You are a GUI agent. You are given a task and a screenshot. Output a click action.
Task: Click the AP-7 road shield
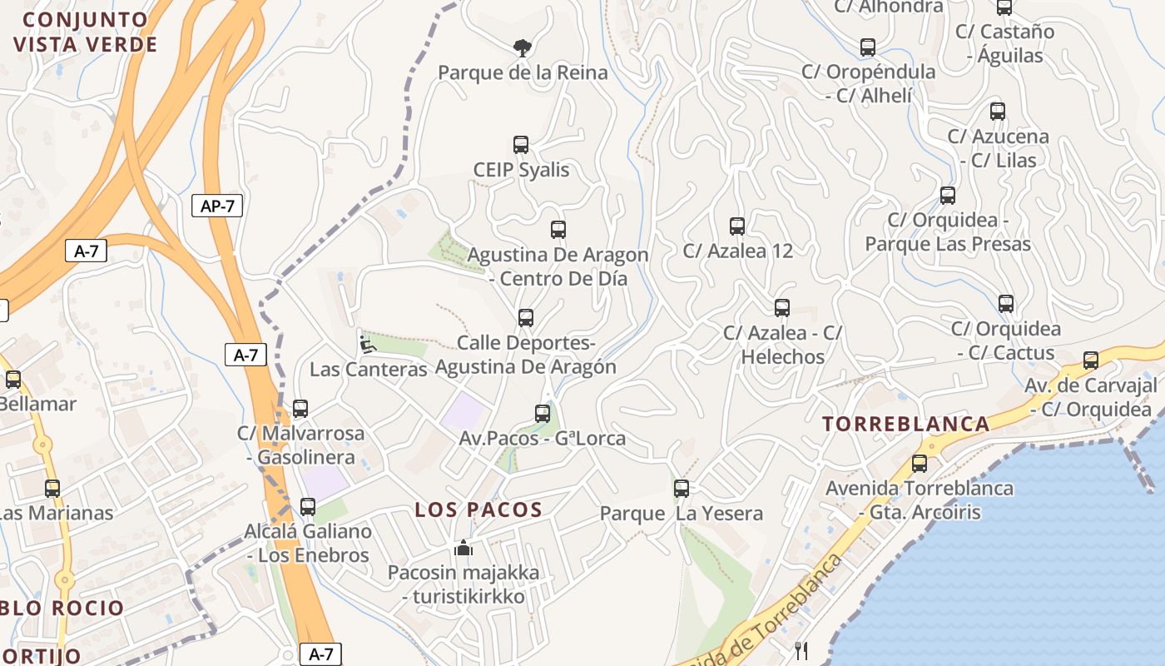point(217,206)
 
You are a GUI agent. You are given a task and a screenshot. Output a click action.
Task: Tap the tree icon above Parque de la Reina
point(522,47)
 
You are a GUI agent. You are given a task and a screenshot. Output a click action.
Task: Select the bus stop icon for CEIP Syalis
point(521,145)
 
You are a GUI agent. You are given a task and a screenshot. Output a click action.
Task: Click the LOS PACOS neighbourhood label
point(478,509)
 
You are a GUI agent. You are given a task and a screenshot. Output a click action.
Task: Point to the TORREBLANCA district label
point(906,424)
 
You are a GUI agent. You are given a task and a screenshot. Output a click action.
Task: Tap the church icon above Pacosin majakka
point(464,548)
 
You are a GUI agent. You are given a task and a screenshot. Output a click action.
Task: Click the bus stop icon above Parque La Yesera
point(682,489)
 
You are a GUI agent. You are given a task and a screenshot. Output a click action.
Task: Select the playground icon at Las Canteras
point(367,343)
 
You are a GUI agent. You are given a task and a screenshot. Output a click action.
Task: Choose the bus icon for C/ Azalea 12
point(737,226)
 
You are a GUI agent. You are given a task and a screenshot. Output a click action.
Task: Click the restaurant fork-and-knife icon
point(801,651)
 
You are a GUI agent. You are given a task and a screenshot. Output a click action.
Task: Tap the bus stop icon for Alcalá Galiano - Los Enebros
point(308,506)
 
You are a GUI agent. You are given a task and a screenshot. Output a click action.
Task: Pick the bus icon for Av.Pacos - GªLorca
point(543,413)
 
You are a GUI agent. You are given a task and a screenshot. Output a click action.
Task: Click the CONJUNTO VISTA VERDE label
point(85,32)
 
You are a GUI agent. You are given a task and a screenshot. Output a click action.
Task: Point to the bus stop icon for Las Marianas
point(52,489)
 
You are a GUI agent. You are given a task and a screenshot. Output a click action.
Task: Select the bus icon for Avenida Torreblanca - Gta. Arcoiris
point(920,464)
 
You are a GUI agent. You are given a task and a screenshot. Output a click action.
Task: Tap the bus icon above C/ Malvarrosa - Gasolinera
point(300,409)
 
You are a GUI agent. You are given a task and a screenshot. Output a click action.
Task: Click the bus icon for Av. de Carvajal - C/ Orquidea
point(1091,360)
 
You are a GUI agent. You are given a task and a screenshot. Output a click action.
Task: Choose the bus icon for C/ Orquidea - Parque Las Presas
point(948,196)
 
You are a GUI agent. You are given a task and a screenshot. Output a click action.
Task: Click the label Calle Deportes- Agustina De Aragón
point(526,355)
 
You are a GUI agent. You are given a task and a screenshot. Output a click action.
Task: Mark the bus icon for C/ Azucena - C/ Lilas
point(998,111)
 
